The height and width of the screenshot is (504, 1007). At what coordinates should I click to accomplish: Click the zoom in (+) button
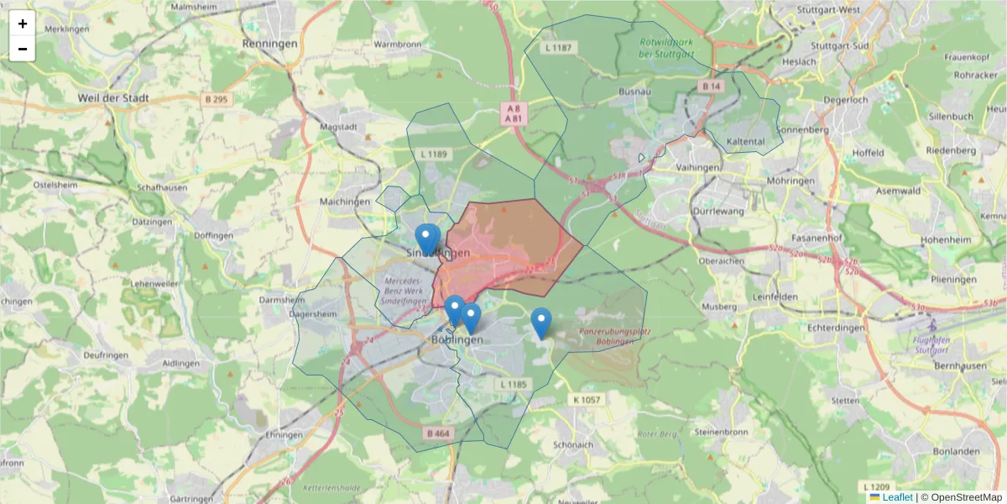(x=23, y=24)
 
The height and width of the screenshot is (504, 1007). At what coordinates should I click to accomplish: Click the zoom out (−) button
(x=23, y=49)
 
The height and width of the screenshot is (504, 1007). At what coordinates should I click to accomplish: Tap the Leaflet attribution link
(x=897, y=497)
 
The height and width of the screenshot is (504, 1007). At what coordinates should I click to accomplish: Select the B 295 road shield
(x=216, y=99)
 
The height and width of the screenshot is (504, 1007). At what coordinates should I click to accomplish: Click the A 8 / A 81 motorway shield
(x=512, y=113)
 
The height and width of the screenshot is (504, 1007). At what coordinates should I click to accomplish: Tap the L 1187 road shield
(x=558, y=48)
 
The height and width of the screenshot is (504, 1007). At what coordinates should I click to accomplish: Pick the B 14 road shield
(x=712, y=87)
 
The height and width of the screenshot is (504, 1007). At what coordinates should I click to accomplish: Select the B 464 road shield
(x=438, y=433)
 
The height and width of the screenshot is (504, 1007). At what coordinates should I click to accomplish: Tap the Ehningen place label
(x=283, y=436)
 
